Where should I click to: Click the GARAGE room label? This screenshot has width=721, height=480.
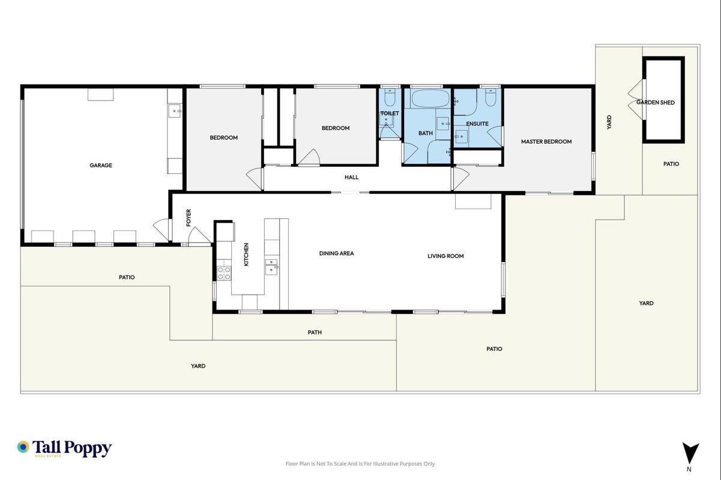click(x=101, y=166)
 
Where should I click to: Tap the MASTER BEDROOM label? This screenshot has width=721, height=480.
click(x=546, y=142)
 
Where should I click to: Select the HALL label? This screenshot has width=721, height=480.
click(x=351, y=177)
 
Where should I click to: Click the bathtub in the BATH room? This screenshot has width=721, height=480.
click(x=430, y=98)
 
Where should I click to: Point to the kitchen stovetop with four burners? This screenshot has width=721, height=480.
click(x=224, y=273)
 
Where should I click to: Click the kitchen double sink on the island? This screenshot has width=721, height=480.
click(x=272, y=267)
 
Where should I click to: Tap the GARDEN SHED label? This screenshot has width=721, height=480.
click(x=656, y=103)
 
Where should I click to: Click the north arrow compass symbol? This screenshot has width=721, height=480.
click(x=690, y=453)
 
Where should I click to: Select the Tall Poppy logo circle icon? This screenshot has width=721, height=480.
click(x=23, y=447)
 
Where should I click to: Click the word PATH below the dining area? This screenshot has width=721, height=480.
click(x=315, y=332)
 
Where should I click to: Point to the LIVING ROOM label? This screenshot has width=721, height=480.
click(x=445, y=256)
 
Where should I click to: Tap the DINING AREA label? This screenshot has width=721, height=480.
click(x=336, y=254)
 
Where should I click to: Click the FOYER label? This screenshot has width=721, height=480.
click(x=189, y=218)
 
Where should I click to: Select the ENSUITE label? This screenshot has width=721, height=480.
click(x=477, y=124)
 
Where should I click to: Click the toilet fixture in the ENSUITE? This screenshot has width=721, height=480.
click(x=490, y=97)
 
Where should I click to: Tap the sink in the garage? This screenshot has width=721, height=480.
click(x=175, y=111)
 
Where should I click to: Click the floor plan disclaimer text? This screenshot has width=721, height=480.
click(x=360, y=464)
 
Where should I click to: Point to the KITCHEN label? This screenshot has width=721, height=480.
click(x=246, y=254)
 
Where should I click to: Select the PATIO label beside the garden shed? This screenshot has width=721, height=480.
click(x=671, y=164)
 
